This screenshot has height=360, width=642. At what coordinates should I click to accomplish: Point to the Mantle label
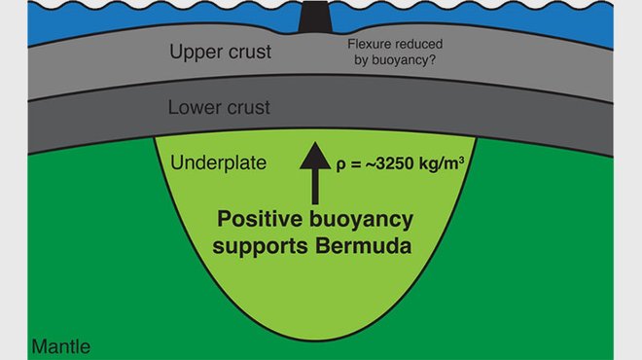(x=63, y=345)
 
